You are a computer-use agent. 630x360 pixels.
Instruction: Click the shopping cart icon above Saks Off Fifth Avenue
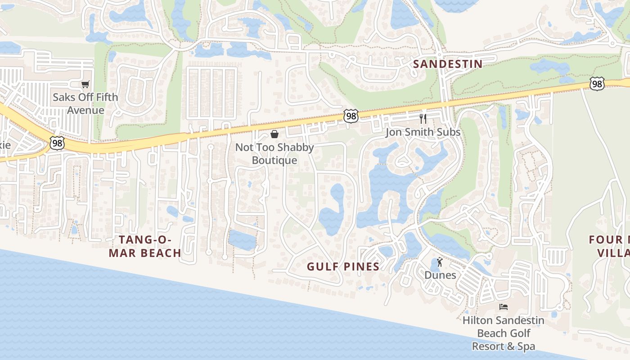pyautogui.click(x=85, y=84)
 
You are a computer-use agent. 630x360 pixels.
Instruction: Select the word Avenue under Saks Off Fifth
pyautogui.click(x=85, y=110)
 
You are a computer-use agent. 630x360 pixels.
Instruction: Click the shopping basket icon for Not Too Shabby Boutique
pyautogui.click(x=274, y=134)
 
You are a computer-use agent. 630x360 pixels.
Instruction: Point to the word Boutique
pyautogui.click(x=274, y=160)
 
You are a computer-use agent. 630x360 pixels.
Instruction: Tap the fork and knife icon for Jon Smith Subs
pyautogui.click(x=423, y=118)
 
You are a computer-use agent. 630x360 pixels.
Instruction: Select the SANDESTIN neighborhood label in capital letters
pyautogui.click(x=448, y=64)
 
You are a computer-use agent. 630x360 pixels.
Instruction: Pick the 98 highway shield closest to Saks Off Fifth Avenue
pyautogui.click(x=57, y=144)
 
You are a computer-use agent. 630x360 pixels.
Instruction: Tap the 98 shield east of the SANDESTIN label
pyautogui.click(x=597, y=84)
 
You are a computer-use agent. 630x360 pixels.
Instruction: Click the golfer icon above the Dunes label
pyautogui.click(x=440, y=262)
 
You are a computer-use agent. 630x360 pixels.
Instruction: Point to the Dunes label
pyautogui.click(x=440, y=275)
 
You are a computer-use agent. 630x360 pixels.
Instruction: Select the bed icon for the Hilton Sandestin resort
pyautogui.click(x=504, y=307)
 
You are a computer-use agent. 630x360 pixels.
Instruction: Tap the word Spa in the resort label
pyautogui.click(x=526, y=346)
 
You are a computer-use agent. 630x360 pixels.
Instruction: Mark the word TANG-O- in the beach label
pyautogui.click(x=145, y=239)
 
